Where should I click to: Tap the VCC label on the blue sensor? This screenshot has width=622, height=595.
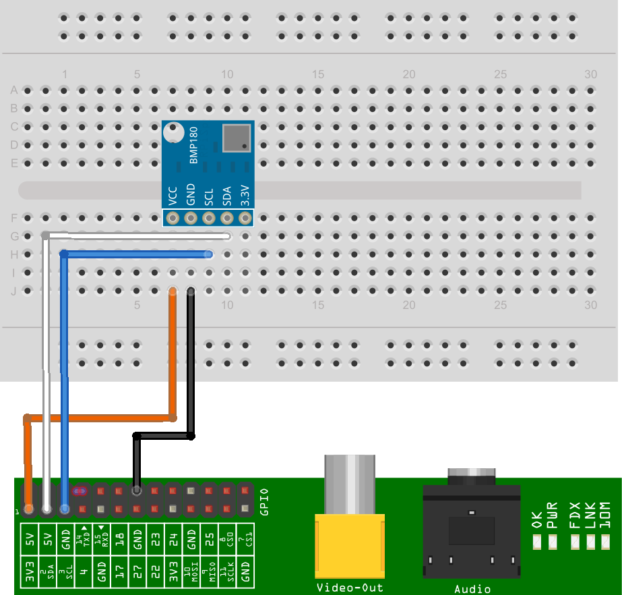(x=173, y=196)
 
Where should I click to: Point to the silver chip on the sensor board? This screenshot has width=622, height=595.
(x=235, y=137)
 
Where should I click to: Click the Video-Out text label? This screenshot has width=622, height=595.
(x=349, y=588)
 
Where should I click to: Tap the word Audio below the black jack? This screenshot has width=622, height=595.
(x=472, y=589)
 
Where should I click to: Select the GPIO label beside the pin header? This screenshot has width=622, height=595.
(x=264, y=501)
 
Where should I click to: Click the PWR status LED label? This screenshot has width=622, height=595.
(x=553, y=515)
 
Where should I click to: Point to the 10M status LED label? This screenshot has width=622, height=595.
(x=604, y=515)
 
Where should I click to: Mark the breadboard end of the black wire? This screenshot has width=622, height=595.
(x=191, y=291)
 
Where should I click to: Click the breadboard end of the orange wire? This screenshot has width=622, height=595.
(x=173, y=291)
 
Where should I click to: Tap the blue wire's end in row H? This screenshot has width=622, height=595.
(x=209, y=254)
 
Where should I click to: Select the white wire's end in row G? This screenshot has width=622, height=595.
(x=227, y=236)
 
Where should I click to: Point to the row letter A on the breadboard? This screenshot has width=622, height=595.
(x=13, y=90)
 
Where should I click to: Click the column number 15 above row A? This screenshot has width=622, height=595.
(x=318, y=75)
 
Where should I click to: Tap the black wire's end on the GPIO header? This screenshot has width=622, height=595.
(x=137, y=491)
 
